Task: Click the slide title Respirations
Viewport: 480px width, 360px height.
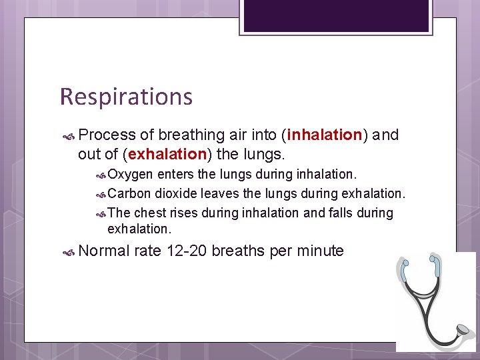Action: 126,97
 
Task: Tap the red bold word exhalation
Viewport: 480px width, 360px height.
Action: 167,155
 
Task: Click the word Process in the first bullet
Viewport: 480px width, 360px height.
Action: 107,135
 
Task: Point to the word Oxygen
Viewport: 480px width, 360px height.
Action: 130,175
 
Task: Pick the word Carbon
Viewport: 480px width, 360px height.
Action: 129,194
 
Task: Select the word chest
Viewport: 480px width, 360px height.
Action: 150,213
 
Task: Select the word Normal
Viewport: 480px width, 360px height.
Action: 104,251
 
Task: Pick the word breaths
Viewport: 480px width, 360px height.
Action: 240,251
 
